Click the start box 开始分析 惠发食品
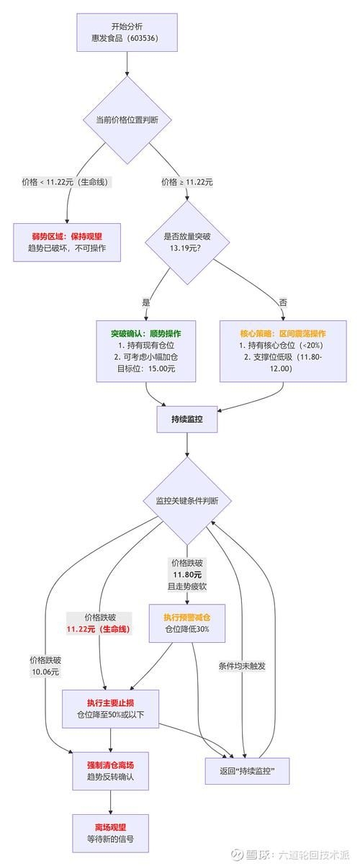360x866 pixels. (x=127, y=32)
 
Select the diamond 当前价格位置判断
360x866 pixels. (x=127, y=120)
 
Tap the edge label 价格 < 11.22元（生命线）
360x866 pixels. (x=66, y=182)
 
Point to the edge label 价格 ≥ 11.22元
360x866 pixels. (x=189, y=182)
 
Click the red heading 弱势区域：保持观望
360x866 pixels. (x=66, y=235)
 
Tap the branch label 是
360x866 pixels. (x=148, y=302)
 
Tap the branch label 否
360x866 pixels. (x=282, y=302)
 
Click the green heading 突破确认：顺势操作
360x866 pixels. (x=145, y=334)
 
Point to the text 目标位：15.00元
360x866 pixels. (x=145, y=369)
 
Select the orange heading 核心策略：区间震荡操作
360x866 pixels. (x=282, y=334)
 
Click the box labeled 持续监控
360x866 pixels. (x=187, y=419)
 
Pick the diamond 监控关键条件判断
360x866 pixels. (x=187, y=501)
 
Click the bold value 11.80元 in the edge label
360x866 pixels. (x=187, y=575)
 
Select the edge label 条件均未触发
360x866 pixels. (x=242, y=666)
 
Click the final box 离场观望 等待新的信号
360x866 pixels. (x=110, y=833)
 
